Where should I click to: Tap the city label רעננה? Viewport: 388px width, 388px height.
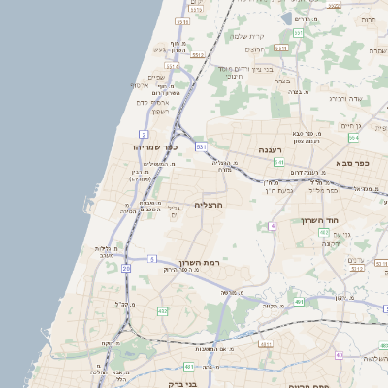pos(264,150)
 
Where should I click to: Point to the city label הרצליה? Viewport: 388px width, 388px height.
pos(210,205)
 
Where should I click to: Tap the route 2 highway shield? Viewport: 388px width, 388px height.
pos(144,133)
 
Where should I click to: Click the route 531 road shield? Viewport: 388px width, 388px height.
pos(201,146)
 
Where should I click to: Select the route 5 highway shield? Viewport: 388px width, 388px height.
pos(152,258)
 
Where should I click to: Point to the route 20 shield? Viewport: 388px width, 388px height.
pos(126,268)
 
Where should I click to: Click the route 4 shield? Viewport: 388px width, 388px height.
pos(274,225)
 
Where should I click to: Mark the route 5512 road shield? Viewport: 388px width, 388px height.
pos(197,55)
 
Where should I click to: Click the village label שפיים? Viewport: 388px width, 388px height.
pos(156,78)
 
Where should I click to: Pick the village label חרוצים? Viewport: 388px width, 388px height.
pos(254,49)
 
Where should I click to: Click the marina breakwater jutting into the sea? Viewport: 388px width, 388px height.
pos(91,210)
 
